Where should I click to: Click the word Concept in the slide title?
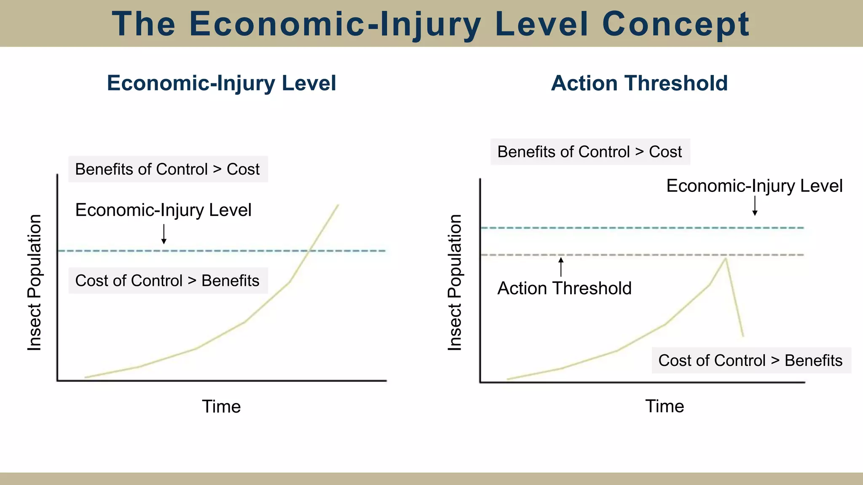(676, 24)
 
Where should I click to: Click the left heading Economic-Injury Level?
(221, 83)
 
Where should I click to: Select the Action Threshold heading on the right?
(639, 83)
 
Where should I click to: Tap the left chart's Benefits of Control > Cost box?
(168, 169)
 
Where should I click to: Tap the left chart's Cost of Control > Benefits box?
(168, 280)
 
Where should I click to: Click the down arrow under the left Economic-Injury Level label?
(164, 235)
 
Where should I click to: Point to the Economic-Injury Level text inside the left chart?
(163, 210)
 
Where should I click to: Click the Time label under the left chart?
(221, 406)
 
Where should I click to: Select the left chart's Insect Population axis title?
(35, 282)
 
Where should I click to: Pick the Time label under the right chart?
(665, 406)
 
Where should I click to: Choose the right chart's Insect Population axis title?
(455, 282)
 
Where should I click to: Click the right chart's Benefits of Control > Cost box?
(590, 152)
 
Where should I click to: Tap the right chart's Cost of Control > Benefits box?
(751, 360)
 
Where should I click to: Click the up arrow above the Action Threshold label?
(561, 267)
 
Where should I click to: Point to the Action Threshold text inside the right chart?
(564, 288)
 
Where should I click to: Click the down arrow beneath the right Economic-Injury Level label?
(755, 206)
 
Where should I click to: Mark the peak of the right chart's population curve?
(726, 258)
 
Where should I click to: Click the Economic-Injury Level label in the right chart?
(754, 186)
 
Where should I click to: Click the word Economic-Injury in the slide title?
(335, 24)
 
